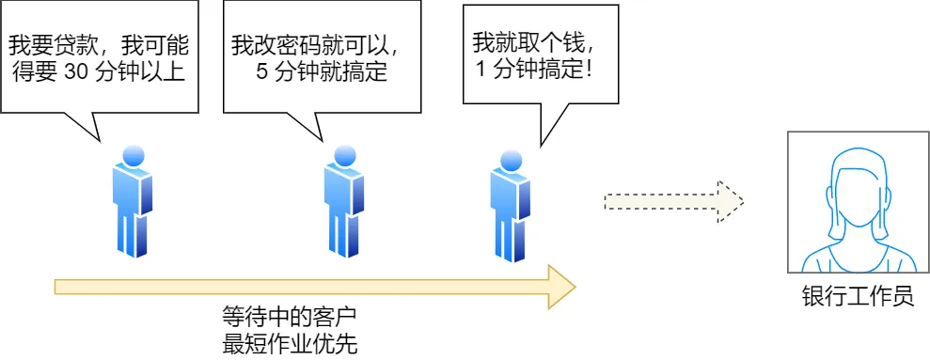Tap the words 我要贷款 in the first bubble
[x=46, y=44]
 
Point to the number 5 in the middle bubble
[x=262, y=72]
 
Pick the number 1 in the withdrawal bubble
[x=482, y=70]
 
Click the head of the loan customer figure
[x=132, y=154]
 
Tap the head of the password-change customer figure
[x=343, y=154]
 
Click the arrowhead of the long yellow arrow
[x=560, y=286]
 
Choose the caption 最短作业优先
[x=289, y=342]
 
